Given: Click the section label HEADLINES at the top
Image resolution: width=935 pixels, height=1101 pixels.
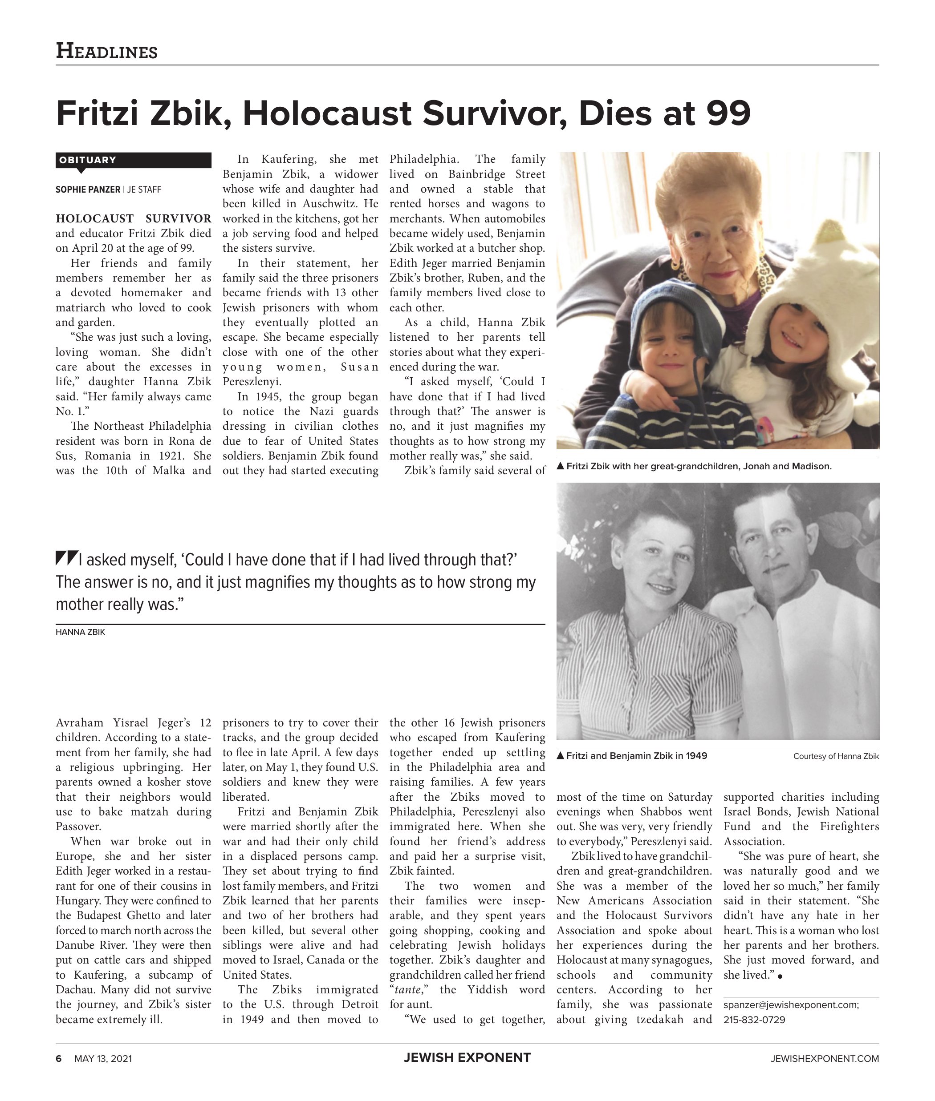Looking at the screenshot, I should click(x=106, y=52).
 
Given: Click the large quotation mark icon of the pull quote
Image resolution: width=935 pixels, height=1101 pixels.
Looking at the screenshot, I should click(x=67, y=558).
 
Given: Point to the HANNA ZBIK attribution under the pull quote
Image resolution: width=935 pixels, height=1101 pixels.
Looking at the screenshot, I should click(x=81, y=632).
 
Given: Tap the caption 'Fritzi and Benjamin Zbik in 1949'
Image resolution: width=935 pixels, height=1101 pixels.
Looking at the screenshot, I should click(x=636, y=756).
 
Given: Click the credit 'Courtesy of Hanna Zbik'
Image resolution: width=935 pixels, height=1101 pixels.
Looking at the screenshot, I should click(x=835, y=756).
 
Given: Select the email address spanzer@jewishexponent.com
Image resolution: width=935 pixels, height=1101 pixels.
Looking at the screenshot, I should click(x=791, y=1004).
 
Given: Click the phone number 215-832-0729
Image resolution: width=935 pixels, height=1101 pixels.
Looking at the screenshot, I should click(x=754, y=1020).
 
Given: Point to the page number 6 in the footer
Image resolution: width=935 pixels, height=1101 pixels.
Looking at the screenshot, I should click(x=59, y=1059).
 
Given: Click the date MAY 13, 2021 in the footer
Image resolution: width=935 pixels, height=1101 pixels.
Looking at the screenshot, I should click(x=103, y=1059).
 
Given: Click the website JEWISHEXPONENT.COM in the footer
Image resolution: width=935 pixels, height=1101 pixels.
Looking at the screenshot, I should click(x=824, y=1059).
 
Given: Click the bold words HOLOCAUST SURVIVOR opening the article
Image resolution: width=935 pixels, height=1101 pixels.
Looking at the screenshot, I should click(x=133, y=219).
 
